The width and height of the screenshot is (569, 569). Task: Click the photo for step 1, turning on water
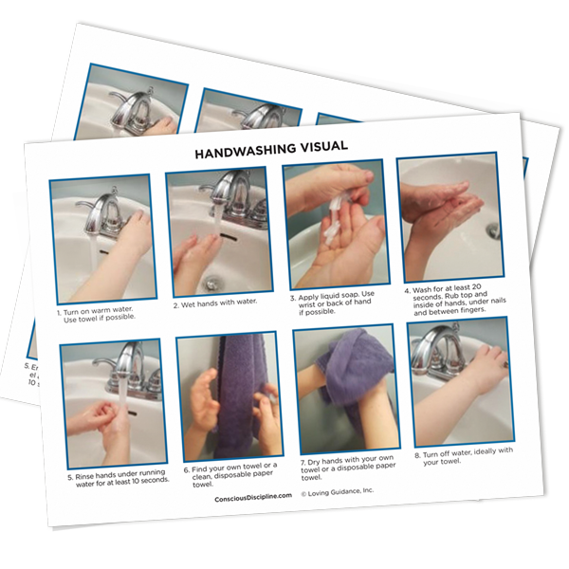pos(101,239)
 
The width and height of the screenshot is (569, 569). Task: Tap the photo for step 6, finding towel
pos(229,397)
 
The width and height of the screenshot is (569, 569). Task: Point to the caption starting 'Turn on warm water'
pos(98,314)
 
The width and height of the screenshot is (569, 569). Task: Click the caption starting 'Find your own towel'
pos(232,474)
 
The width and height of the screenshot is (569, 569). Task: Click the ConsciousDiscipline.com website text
pos(253,498)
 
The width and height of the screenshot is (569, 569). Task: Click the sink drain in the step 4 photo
pos(492,229)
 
